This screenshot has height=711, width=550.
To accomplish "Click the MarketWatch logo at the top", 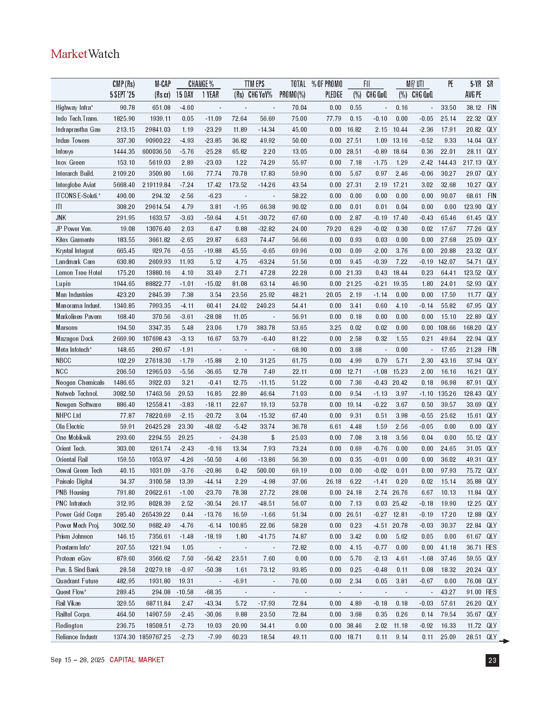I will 85,54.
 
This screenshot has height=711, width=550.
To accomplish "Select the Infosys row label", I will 64,152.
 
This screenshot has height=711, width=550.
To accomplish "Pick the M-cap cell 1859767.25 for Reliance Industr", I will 155,637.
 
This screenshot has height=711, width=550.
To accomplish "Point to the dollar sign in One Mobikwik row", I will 273,438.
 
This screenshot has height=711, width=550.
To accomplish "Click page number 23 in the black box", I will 492,660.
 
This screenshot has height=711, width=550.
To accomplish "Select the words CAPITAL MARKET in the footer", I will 137,660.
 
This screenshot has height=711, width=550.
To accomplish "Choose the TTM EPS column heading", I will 254,84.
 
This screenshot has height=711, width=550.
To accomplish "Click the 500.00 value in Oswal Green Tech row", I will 266,471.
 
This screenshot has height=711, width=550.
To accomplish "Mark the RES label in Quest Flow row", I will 491,592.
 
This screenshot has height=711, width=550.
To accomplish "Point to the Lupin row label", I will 63,283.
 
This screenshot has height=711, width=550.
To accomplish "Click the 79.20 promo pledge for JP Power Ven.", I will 333,229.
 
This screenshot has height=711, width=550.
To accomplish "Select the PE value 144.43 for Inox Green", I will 447,163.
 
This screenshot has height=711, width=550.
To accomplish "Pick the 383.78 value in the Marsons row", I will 266,327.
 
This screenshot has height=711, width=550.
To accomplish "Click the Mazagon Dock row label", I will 75,339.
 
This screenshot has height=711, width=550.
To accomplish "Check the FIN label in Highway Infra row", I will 492,107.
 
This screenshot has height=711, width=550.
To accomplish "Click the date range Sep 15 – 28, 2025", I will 78,660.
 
